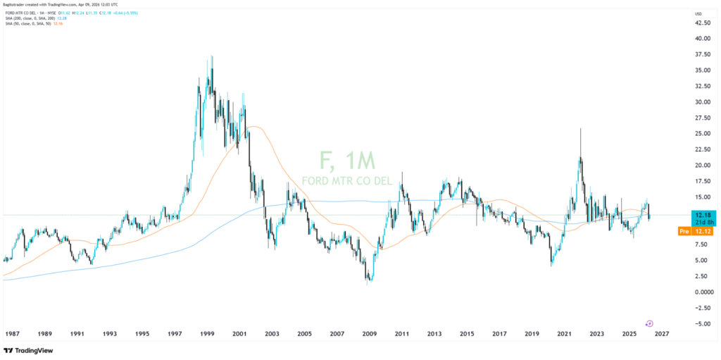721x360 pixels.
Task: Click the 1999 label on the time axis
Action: tap(207, 334)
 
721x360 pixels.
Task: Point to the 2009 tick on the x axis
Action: tap(369, 334)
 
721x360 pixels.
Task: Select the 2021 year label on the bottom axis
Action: tap(564, 334)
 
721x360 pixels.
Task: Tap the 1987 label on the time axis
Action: tap(12, 334)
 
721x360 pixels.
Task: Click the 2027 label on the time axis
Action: tap(661, 334)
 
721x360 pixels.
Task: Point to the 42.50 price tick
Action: tap(703, 23)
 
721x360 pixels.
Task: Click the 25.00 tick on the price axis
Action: tap(703, 134)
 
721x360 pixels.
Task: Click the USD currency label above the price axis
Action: tap(698, 13)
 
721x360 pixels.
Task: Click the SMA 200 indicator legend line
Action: tap(35, 18)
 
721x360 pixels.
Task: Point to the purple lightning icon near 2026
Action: tap(649, 323)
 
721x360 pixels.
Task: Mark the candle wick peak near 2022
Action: tap(580, 129)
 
